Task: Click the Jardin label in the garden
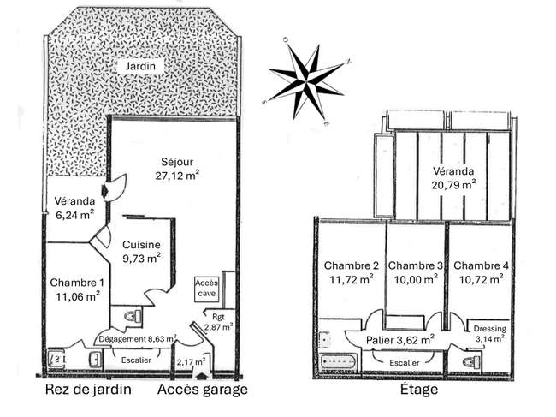click(141, 66)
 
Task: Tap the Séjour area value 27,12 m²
click(177, 176)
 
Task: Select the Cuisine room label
click(141, 245)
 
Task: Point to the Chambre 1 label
click(77, 283)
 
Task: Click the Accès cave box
click(207, 288)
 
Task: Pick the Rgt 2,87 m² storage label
click(218, 322)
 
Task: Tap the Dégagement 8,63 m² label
click(137, 339)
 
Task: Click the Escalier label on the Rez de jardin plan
click(136, 360)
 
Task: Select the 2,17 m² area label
click(191, 362)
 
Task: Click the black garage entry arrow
click(202, 376)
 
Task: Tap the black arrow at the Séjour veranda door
click(104, 191)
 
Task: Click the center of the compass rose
click(306, 82)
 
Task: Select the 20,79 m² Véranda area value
click(453, 185)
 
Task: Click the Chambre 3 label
click(416, 265)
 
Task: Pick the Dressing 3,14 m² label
click(490, 334)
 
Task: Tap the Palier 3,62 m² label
click(400, 340)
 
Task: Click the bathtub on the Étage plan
click(338, 362)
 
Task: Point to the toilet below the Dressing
click(471, 362)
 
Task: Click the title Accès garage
click(203, 390)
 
